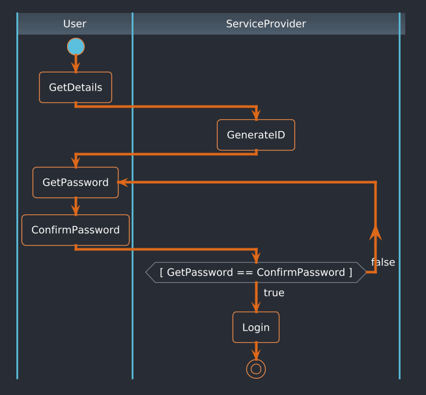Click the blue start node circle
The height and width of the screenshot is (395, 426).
(76, 47)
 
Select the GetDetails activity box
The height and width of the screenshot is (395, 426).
(76, 87)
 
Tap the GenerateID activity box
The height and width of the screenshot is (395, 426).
(256, 135)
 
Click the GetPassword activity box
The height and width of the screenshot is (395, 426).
(76, 183)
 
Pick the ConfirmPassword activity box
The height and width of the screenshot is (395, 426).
(76, 230)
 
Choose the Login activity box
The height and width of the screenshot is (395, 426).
(256, 327)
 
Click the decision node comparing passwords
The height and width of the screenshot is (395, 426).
(256, 272)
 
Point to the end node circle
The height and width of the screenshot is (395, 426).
(256, 369)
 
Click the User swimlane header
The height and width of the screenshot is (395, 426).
(75, 24)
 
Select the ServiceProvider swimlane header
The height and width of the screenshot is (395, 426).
(266, 24)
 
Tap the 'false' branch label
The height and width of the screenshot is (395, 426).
(383, 262)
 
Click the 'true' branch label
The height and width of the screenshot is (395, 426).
(274, 293)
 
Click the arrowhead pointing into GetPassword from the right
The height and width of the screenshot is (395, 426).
(122, 183)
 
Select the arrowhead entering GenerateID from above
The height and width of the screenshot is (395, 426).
(256, 115)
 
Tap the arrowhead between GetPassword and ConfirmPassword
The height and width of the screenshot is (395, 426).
(76, 210)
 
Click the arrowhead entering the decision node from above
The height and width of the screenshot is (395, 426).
(256, 257)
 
